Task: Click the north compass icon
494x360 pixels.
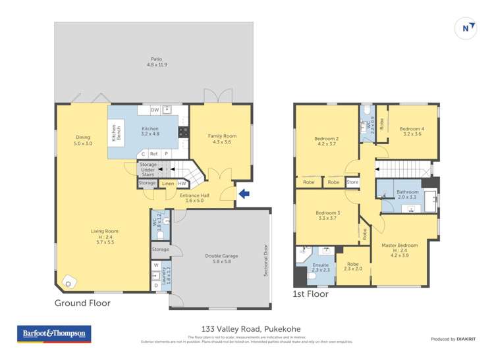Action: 466,28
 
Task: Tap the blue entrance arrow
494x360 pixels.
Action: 244,193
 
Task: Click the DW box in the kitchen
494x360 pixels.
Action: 155,110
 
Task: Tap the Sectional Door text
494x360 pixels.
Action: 266,260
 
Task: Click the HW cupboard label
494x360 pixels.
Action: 182,184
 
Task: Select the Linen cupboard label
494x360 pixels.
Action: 168,184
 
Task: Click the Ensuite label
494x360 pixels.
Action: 321,267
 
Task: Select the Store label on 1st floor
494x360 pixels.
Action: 352,182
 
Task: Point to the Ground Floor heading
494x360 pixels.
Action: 83,303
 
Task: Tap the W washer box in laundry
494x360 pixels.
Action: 156,266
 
